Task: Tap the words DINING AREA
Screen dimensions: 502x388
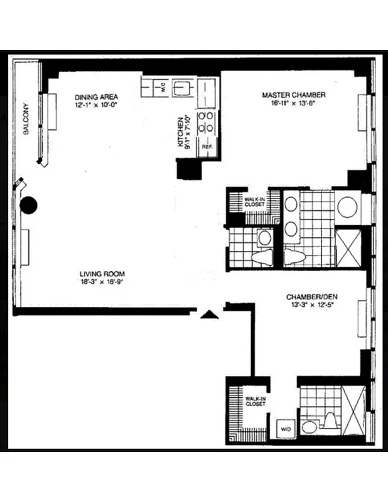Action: (x=96, y=97)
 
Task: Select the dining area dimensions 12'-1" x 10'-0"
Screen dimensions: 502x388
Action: (x=96, y=105)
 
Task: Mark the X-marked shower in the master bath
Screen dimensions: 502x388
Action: (x=347, y=248)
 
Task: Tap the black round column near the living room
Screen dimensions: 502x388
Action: (x=29, y=205)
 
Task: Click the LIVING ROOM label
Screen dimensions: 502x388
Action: (x=102, y=274)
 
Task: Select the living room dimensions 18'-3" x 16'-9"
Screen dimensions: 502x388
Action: (x=102, y=282)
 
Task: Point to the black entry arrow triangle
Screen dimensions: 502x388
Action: (x=209, y=314)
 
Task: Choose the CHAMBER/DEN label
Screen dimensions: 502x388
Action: (x=307, y=297)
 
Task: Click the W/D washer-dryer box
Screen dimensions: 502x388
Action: (x=286, y=429)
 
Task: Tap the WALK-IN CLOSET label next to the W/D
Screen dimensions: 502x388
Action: (x=256, y=401)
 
